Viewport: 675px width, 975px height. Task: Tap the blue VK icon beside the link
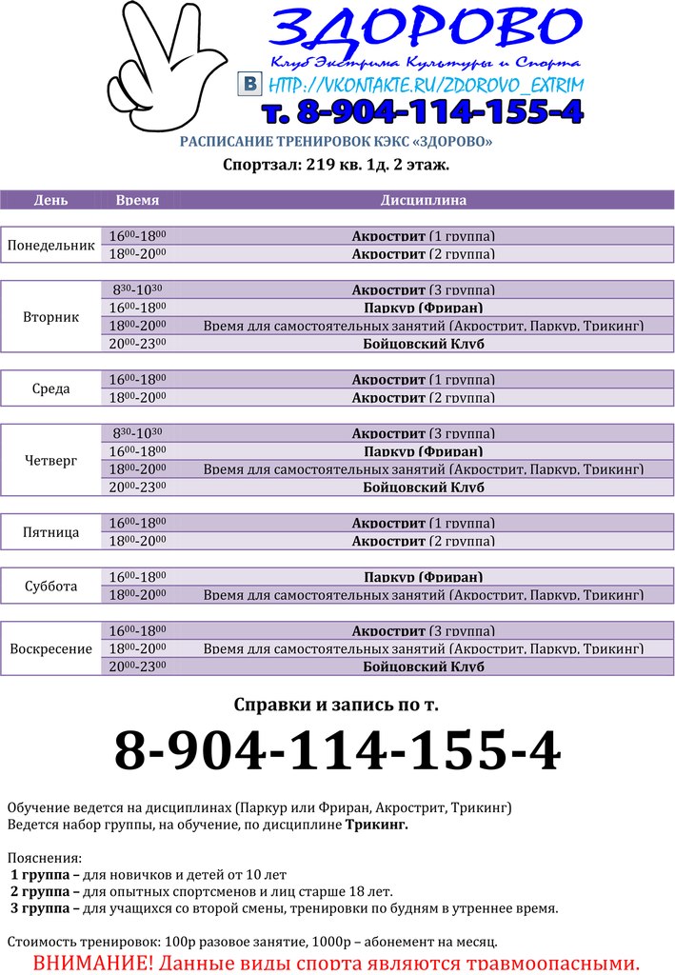click(x=249, y=84)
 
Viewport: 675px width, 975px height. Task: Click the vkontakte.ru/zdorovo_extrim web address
click(x=425, y=85)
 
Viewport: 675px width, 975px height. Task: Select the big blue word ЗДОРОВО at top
click(x=425, y=30)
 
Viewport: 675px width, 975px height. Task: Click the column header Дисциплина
click(x=424, y=201)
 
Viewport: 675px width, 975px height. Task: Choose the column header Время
click(x=137, y=201)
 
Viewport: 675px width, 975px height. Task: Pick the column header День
click(x=50, y=201)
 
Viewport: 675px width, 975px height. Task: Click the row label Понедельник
click(x=51, y=245)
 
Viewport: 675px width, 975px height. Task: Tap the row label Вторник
click(x=51, y=317)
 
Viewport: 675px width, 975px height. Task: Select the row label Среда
click(x=51, y=388)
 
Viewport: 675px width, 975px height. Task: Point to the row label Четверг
click(x=51, y=461)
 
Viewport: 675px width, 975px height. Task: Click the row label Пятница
click(x=51, y=532)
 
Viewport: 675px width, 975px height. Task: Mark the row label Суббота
click(x=51, y=586)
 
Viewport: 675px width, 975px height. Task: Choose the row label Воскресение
click(x=51, y=649)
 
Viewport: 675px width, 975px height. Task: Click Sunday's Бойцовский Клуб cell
click(x=424, y=667)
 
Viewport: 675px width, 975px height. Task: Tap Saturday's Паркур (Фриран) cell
click(x=424, y=577)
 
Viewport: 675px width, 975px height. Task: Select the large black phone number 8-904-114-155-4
click(x=337, y=752)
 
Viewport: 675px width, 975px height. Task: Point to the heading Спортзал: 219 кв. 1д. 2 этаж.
click(x=336, y=165)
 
